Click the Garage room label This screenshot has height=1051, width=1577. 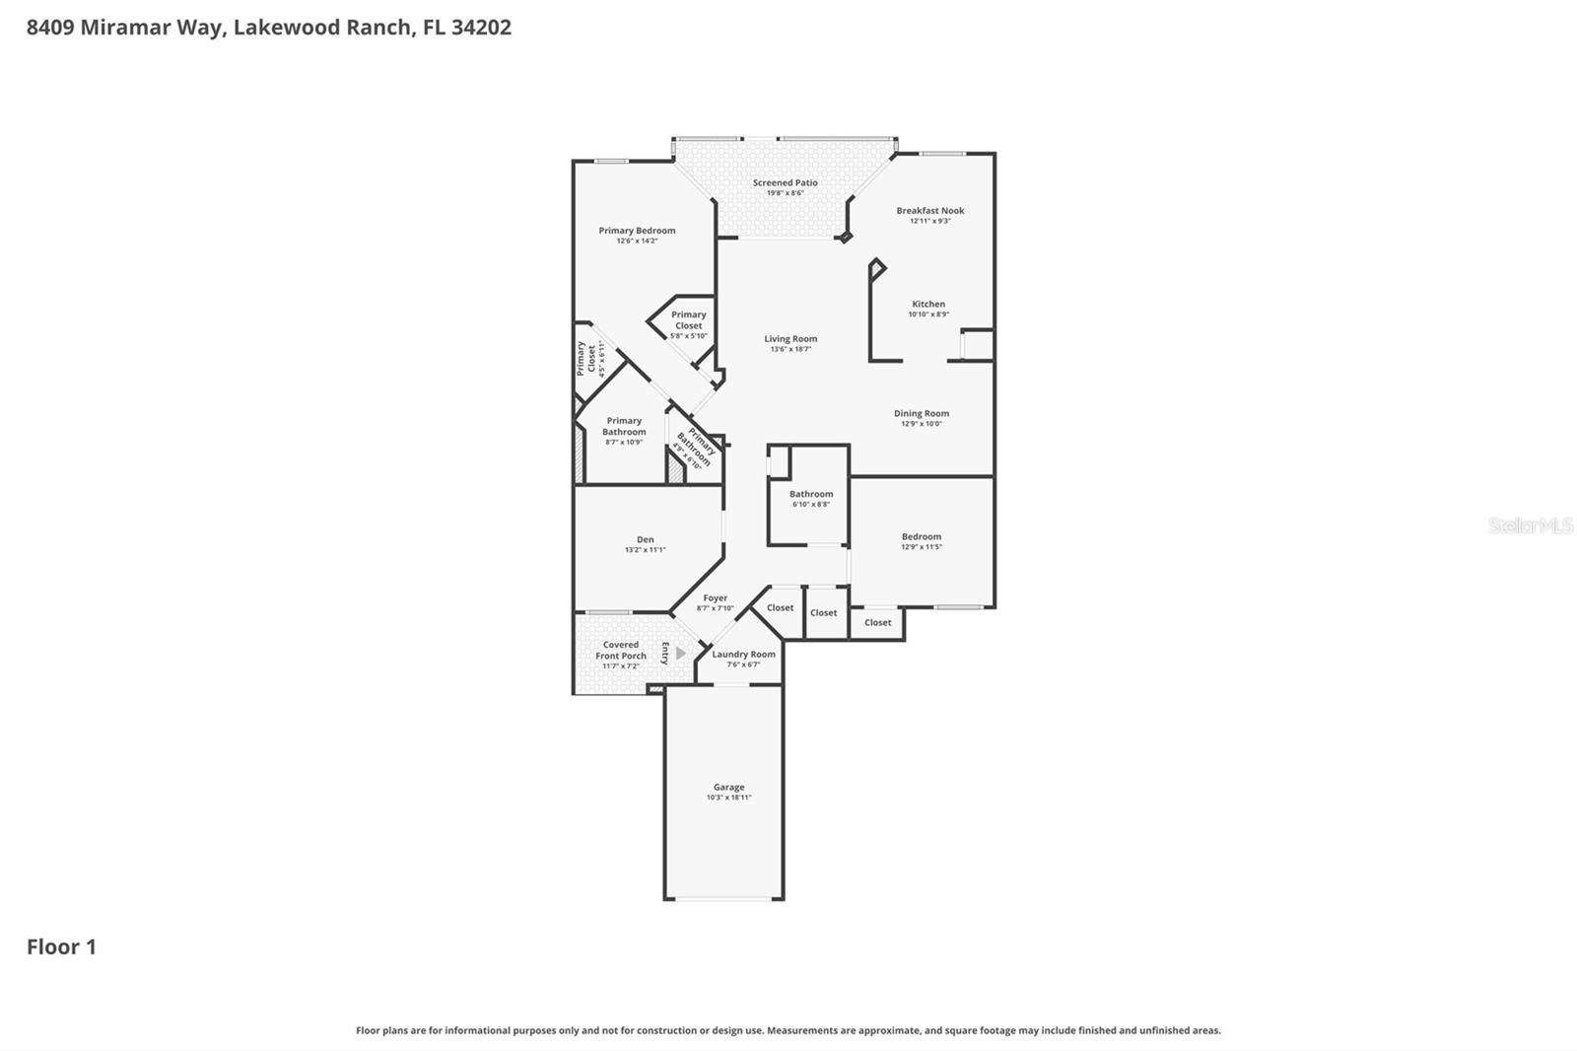(728, 787)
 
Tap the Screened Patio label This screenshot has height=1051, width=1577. (786, 182)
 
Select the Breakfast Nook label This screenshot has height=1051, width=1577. (929, 210)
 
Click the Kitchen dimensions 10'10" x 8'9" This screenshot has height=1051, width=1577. (927, 315)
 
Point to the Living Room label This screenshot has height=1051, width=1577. (790, 338)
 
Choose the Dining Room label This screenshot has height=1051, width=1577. (922, 413)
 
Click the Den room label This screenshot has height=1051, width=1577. (645, 539)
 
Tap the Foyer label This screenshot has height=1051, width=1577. (715, 597)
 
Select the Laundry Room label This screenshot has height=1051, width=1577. (743, 654)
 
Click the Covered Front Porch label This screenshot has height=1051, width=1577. (621, 650)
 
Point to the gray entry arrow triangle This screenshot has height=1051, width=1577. (680, 653)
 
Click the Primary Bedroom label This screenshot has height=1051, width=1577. (637, 231)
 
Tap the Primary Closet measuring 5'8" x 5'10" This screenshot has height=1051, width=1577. (688, 320)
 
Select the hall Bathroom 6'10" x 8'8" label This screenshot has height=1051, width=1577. (811, 494)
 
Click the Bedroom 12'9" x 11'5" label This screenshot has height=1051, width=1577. (921, 536)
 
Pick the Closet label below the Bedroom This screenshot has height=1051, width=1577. (877, 622)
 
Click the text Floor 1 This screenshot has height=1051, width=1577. (61, 946)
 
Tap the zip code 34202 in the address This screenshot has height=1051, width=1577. (481, 27)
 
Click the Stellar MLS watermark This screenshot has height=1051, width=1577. (1530, 525)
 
